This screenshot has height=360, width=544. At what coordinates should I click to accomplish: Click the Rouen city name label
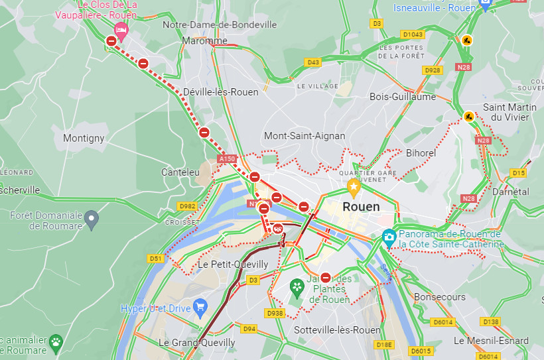(361, 207)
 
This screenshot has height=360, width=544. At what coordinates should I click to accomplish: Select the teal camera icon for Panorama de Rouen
(389, 236)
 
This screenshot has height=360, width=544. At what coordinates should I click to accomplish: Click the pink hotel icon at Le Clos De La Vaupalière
(121, 29)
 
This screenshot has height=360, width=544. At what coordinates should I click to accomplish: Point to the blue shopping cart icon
(199, 306)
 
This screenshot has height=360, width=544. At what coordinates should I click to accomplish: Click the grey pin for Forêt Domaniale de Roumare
(92, 217)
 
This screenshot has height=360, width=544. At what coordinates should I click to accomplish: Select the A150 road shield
(227, 159)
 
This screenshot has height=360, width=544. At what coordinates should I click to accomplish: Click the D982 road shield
(188, 206)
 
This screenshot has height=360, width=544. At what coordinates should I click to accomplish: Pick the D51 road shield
(155, 259)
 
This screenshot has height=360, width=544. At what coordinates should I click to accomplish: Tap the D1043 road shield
(412, 34)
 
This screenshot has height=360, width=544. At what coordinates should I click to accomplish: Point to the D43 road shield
(313, 62)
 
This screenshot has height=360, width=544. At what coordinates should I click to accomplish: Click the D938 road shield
(275, 312)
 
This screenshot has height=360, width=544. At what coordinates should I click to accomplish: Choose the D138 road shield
(490, 322)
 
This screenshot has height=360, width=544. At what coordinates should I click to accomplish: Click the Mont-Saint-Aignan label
(305, 136)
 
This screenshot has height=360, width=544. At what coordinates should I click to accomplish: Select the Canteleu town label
(180, 172)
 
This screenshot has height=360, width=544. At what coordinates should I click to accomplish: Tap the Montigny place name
(84, 139)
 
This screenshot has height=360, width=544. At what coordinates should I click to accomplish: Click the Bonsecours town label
(440, 297)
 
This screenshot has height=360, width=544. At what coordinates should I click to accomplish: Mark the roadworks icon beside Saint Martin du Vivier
(469, 117)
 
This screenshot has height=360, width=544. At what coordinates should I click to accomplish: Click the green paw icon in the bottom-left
(56, 343)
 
